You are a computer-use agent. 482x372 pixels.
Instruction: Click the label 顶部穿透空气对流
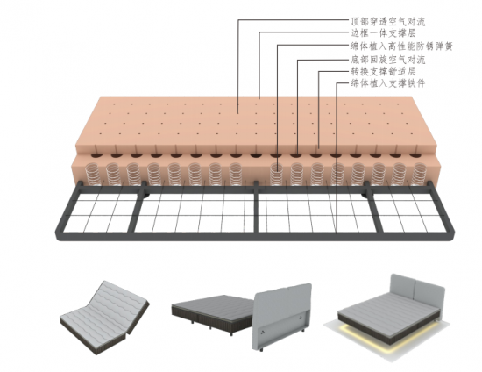388,22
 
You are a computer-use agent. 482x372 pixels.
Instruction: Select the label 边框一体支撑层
383,33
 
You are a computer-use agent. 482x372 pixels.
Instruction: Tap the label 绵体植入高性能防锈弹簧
401,46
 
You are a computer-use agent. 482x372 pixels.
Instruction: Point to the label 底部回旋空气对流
388,60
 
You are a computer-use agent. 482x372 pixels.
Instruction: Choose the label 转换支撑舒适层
383,71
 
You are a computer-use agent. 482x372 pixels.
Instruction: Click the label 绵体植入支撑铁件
388,83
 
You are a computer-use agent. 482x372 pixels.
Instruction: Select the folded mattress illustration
104,318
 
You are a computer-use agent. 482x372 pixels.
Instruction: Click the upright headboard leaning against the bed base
282,317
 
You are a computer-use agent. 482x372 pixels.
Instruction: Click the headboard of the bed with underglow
417,290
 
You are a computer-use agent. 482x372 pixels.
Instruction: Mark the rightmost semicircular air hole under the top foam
415,154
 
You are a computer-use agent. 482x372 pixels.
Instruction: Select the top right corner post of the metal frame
430,186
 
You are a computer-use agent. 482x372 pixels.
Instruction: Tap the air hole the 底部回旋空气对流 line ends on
297,154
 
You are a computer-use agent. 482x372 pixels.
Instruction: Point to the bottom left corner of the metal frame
59,234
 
